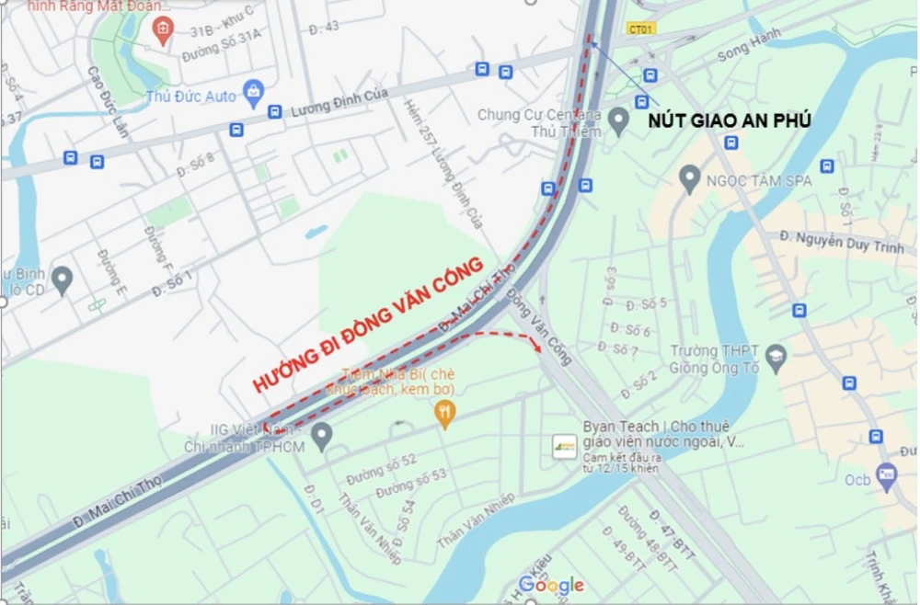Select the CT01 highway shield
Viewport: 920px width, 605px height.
click(641, 29)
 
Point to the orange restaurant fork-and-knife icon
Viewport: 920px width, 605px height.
click(445, 416)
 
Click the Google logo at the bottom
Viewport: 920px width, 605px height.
click(551, 586)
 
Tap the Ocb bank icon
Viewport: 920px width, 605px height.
click(887, 475)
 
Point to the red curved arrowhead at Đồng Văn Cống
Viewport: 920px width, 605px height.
click(537, 347)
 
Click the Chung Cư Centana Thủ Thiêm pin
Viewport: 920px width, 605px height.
click(619, 119)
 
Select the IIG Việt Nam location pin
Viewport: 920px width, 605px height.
click(321, 436)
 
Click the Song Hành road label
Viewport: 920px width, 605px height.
click(749, 43)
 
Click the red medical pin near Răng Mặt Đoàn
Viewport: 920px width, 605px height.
click(162, 30)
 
